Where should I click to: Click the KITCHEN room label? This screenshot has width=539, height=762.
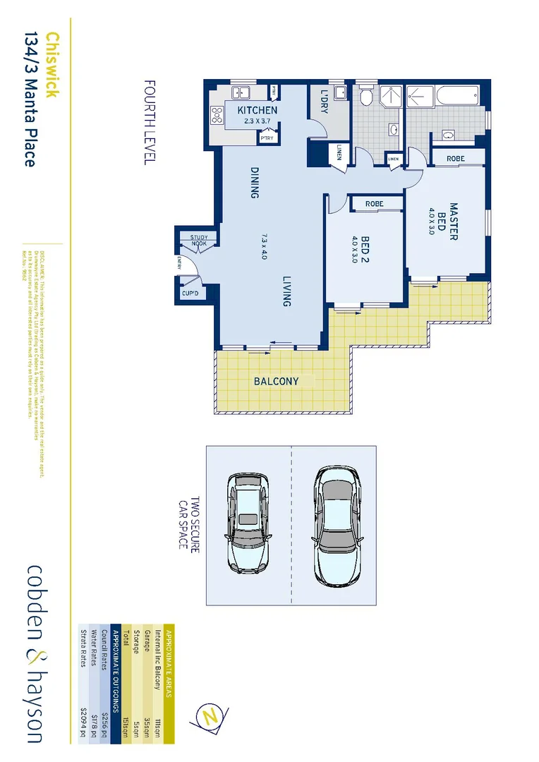[258, 111]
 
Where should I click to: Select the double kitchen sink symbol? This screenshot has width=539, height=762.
[241, 92]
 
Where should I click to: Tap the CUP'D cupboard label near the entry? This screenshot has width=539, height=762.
[190, 293]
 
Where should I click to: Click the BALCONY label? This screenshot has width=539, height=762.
[276, 382]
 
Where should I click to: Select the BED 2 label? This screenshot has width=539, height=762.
[366, 250]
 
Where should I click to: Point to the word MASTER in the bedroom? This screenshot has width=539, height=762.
[454, 222]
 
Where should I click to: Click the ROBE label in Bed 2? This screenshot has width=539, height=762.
[374, 204]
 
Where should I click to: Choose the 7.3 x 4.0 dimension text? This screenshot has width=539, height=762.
[264, 246]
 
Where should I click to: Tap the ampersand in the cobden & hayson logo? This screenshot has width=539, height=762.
[35, 653]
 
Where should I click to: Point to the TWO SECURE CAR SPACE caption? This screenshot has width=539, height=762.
[189, 526]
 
